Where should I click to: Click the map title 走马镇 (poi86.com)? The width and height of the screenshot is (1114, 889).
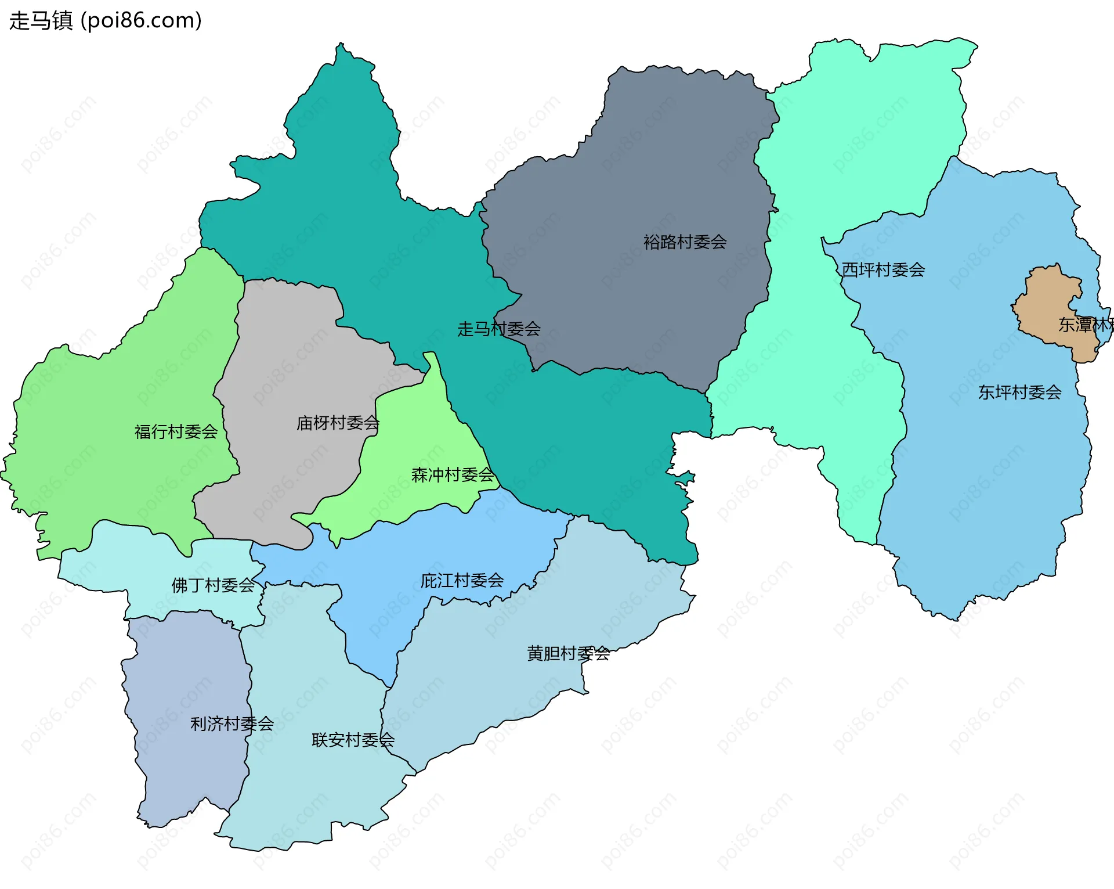coord(106,20)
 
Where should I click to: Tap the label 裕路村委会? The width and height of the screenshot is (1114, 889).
coord(685,242)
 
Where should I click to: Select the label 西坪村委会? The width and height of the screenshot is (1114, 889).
coord(883,269)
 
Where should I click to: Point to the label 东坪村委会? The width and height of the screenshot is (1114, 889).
coord(1019,393)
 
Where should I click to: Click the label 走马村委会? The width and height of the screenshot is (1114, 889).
coord(498,329)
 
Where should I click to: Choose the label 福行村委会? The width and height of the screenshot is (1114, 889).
coord(176,431)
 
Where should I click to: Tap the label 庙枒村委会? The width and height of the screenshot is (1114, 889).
coord(338,423)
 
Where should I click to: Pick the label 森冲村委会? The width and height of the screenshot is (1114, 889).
coord(453,475)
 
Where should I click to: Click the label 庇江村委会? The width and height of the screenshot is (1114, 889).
coord(462,580)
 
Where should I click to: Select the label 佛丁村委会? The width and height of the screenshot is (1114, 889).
coord(213,585)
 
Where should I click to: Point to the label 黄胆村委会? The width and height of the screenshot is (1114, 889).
coord(568,653)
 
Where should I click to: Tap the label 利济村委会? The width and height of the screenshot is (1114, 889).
coord(232,724)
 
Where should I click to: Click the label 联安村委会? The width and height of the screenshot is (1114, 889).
coord(353,740)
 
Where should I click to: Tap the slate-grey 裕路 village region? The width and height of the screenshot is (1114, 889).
coord(638,174)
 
